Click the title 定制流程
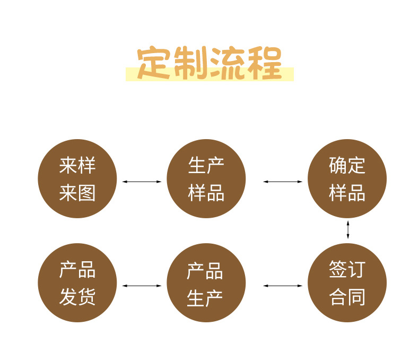pyautogui.click(x=210, y=64)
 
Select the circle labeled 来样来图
pyautogui.click(x=77, y=179)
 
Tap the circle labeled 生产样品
pyautogui.click(x=206, y=179)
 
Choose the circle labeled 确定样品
pyautogui.click(x=347, y=179)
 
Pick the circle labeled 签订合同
pyautogui.click(x=347, y=282)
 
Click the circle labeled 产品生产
pyautogui.click(x=206, y=282)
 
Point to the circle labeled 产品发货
pyautogui.click(x=77, y=282)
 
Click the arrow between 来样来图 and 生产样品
pyautogui.click(x=142, y=182)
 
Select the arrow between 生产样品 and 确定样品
pyautogui.click(x=283, y=182)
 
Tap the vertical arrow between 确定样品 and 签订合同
pyautogui.click(x=348, y=229)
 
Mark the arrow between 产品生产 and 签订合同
pyautogui.click(x=283, y=286)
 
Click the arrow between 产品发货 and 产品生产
pyautogui.click(x=142, y=286)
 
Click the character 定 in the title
pyautogui.click(x=154, y=64)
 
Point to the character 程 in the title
pyautogui.click(x=264, y=64)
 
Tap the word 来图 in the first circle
pyautogui.click(x=77, y=193)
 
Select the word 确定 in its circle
pyautogui.click(x=347, y=165)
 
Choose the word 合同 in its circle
pyautogui.click(x=347, y=296)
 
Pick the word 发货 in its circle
pyautogui.click(x=77, y=296)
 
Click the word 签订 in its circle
pyautogui.click(x=347, y=269)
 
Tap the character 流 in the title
pyautogui.click(x=229, y=64)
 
